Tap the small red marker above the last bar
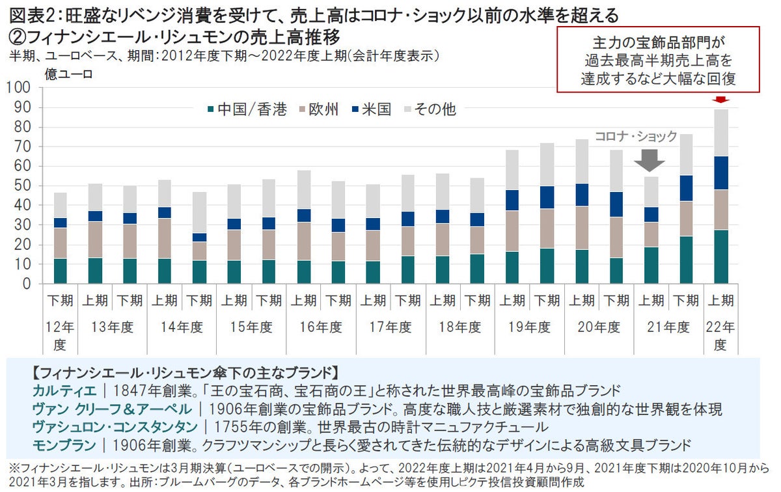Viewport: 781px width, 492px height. (x=720, y=100)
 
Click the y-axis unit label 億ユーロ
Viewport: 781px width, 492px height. (x=68, y=74)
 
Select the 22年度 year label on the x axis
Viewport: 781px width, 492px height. (x=720, y=335)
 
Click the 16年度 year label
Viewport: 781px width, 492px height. (x=320, y=327)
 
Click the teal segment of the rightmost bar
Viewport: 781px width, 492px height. (x=720, y=256)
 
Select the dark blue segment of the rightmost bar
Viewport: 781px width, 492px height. (x=720, y=173)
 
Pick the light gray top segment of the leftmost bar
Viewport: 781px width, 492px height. (x=60, y=205)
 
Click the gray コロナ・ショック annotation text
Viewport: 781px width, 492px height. (x=636, y=137)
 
